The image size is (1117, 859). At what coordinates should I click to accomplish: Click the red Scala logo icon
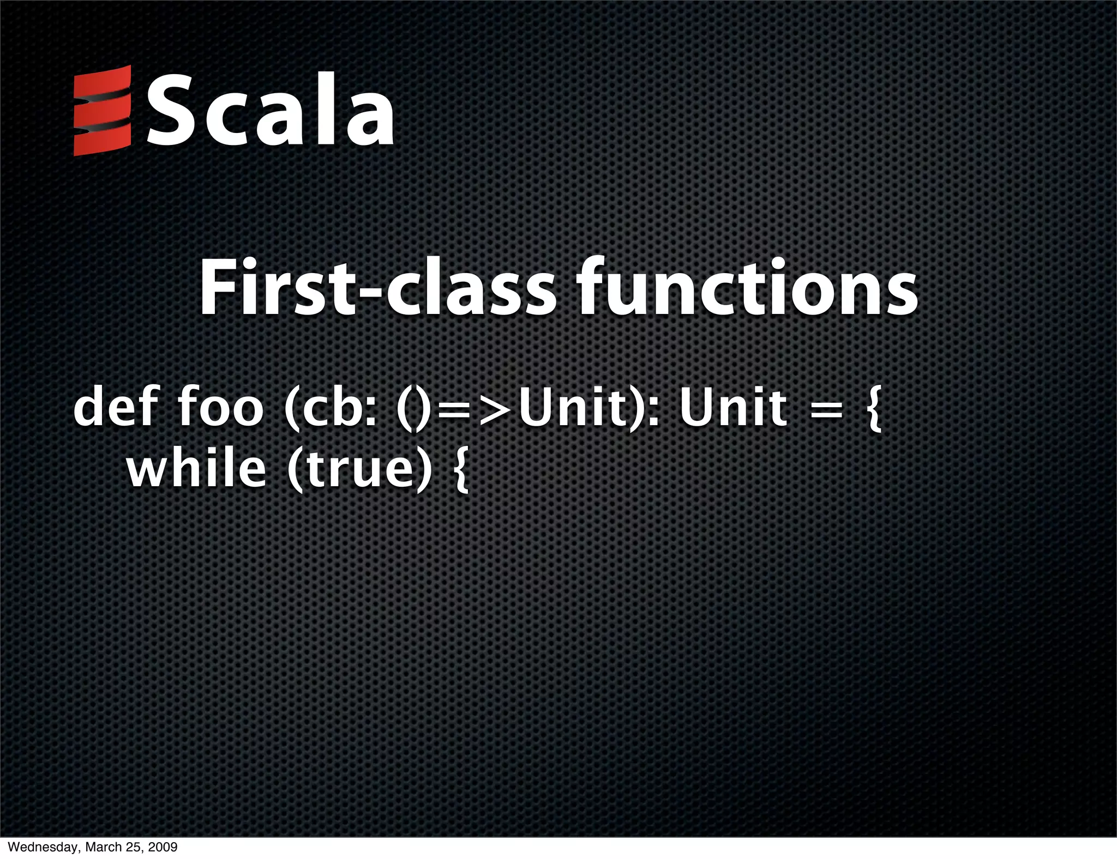tap(102, 111)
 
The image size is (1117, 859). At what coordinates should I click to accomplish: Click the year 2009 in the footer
tap(163, 848)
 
